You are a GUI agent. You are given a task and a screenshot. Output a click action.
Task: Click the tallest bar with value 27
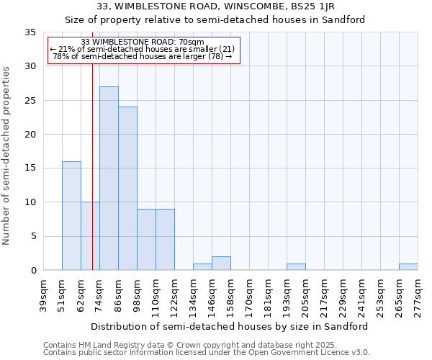109,179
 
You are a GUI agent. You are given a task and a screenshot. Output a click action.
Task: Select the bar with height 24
127,189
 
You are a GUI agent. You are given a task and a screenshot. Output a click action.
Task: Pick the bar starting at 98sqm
146,240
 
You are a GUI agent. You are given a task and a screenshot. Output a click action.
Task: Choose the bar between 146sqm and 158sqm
221,264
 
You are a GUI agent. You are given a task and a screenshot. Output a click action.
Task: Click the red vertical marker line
93,180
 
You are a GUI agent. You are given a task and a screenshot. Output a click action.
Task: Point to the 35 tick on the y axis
30,32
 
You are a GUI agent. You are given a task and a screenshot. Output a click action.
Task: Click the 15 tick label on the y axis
30,168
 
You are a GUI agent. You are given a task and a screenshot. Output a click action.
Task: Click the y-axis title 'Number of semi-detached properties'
7,155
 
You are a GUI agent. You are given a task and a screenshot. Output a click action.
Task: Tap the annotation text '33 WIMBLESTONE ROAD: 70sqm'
143,42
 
